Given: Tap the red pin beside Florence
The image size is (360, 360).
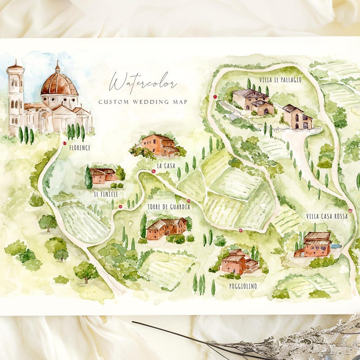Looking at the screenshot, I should [x=65, y=144].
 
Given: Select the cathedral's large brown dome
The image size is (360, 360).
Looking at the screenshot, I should [x=59, y=84].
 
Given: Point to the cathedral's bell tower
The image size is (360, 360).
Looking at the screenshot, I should [x=15, y=99].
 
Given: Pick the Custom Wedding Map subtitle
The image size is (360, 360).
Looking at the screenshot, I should [x=143, y=102].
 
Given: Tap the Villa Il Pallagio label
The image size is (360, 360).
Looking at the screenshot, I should [x=280, y=80].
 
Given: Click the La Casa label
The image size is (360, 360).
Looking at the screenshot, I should [x=166, y=166].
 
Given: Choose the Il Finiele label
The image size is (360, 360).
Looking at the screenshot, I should [x=106, y=194].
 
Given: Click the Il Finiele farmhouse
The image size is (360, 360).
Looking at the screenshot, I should [x=103, y=175].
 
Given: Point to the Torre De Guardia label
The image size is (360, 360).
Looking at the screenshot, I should [x=168, y=207].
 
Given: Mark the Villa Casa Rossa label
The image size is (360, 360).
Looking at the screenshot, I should [x=326, y=216].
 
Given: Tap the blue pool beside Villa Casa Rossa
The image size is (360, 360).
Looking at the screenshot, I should [x=336, y=246].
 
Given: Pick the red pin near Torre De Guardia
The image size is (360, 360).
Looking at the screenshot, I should [x=189, y=201].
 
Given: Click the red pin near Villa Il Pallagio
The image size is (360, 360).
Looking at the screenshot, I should [x=215, y=97].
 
